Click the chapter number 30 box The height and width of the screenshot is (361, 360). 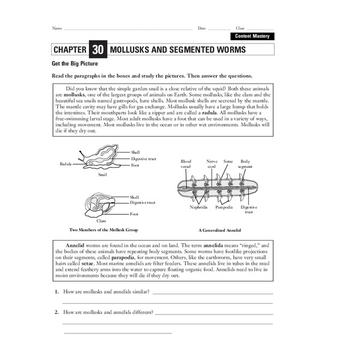coord(97,50)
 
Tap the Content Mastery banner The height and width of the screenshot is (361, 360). coord(252,37)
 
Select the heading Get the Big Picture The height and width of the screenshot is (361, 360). coord(75,63)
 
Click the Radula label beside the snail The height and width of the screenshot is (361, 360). coord(66,164)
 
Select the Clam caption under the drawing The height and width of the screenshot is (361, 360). coord(102,221)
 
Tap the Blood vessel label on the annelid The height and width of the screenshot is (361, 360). coord(186,164)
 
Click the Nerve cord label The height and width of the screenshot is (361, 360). coord(212,164)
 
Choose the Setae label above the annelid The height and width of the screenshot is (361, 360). coord(228,161)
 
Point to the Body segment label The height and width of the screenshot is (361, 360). coord(246,164)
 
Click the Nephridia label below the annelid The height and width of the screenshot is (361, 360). coord(198,207)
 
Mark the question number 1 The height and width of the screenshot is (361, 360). coord(56,291)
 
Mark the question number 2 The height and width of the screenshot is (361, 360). coord(56,312)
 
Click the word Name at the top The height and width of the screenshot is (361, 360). coord(56,28)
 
